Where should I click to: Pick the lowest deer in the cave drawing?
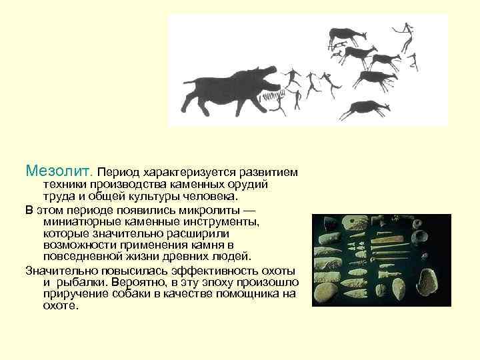coord(364,107)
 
